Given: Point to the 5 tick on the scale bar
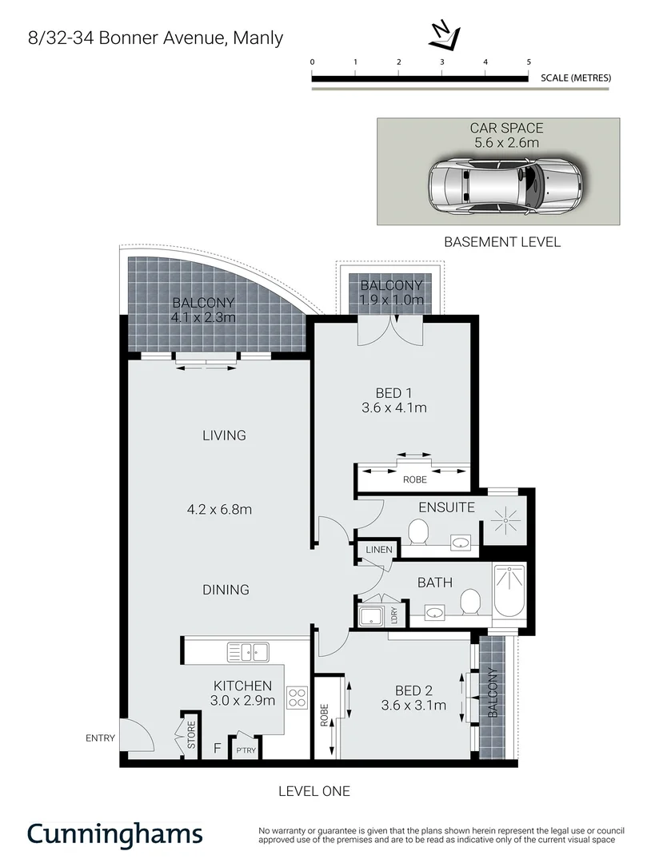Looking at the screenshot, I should click(528, 62).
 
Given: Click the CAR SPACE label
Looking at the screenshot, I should click(506, 128).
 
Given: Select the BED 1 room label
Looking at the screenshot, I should click(393, 392).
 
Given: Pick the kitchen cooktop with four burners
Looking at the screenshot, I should click(298, 697).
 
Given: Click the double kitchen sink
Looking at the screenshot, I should click(249, 651).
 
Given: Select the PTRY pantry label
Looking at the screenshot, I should click(245, 750).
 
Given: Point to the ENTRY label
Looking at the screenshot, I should click(101, 738).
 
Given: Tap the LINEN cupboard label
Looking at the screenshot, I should click(379, 550).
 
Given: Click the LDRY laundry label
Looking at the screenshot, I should click(394, 615).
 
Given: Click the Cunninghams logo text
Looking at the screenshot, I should click(115, 833).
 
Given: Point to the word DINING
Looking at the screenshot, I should click(226, 590).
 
